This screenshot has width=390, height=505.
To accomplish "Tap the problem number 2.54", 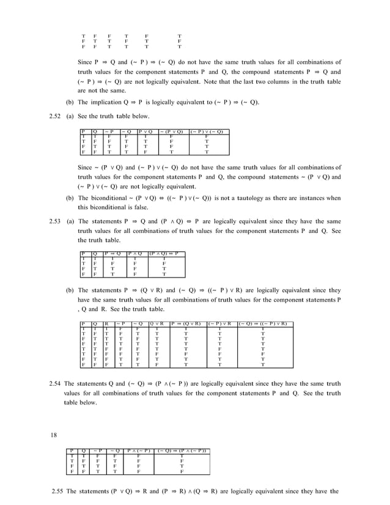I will tap(56, 383).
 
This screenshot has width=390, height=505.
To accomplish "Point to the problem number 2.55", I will tap(56, 492).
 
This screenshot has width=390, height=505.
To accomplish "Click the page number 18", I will tap(54, 436).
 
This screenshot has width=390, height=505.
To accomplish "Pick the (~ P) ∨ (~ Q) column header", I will tap(207, 131).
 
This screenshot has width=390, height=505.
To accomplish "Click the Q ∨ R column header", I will tap(158, 323).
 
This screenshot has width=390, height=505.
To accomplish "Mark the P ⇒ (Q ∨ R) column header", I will tap(186, 323).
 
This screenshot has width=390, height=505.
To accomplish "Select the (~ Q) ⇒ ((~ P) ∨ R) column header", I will tap(263, 323).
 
